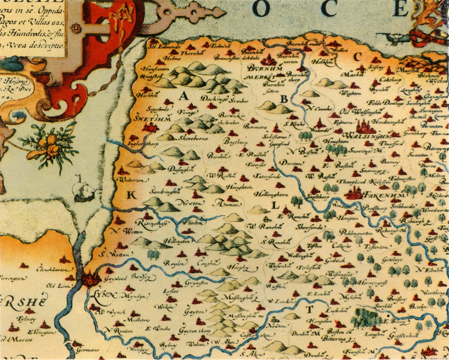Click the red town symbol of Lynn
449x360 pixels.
pos(89,279)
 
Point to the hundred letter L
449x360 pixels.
pos(275,205)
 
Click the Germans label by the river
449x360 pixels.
pos(87,350)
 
